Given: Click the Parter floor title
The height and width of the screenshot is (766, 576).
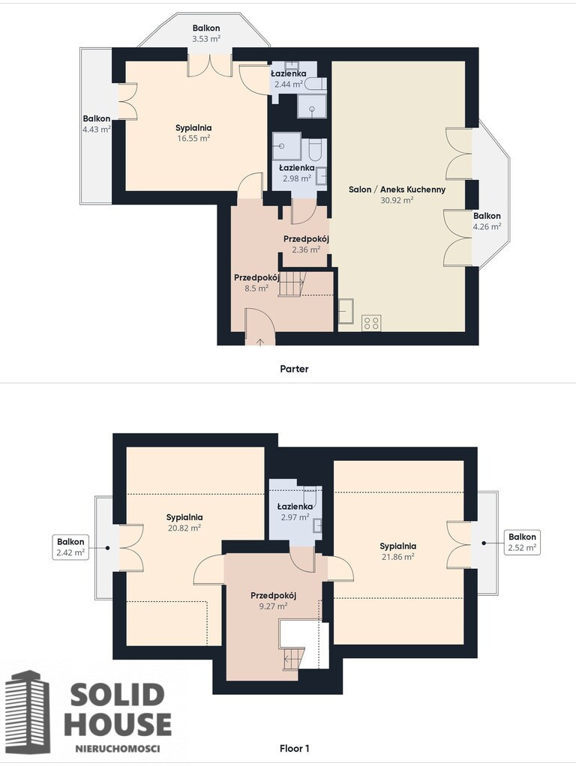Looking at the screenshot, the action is point(294,369).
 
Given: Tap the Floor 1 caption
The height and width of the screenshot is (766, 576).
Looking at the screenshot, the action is point(294,748).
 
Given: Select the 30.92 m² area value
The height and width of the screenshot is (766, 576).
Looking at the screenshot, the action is point(397,200).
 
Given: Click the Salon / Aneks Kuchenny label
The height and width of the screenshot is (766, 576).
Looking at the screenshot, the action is point(397,189).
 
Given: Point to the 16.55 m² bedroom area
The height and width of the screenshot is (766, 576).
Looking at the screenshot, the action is point(193,138).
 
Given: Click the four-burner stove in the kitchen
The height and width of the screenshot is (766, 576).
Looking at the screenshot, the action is point(371,323).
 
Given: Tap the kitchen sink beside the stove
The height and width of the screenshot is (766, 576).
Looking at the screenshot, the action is point(346,311).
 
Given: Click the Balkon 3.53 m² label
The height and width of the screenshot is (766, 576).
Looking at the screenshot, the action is point(205,33).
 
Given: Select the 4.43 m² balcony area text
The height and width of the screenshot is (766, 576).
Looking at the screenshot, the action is point(96,130).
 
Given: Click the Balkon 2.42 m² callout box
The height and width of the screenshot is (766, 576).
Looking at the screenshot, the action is point(70,547).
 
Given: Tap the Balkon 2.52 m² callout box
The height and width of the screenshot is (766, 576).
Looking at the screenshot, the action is point(522,542).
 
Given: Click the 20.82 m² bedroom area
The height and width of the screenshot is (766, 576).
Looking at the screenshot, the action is point(184,528).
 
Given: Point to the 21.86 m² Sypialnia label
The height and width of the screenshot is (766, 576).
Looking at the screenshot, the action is point(398,552).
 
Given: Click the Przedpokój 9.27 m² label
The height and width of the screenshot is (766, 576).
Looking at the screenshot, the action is point(273,601).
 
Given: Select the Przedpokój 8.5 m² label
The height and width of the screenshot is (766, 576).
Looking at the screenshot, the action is point(256,283).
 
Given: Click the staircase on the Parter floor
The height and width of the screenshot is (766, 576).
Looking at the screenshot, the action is point(292,284).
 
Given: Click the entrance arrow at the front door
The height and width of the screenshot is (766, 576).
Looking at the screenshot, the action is point(259,342).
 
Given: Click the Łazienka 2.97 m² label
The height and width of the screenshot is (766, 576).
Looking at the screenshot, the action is point(295,512).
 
